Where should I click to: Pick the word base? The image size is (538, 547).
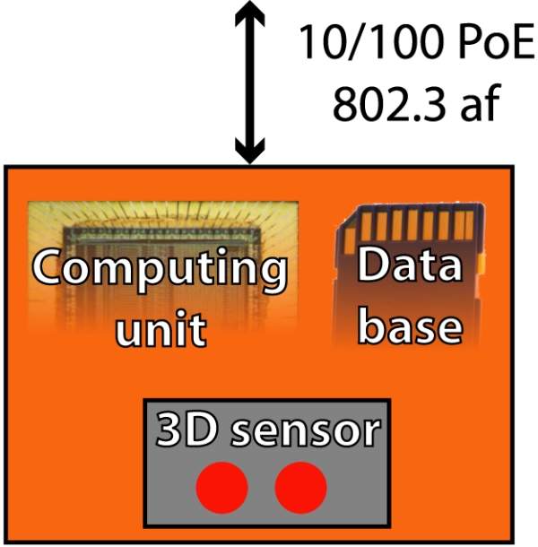(x=410, y=326)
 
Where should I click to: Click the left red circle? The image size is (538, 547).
(x=221, y=488)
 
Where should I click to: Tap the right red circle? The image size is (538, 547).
(x=300, y=488)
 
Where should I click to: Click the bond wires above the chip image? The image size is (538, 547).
(x=161, y=215)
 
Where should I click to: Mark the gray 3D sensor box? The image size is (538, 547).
(x=266, y=502)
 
